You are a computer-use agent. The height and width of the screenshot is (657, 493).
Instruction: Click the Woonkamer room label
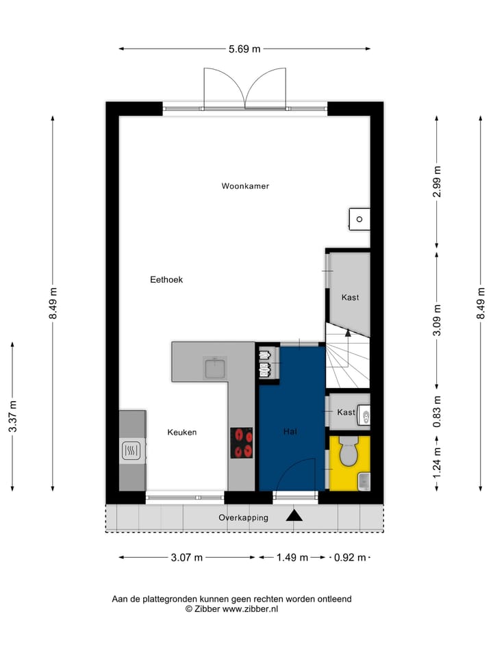(x=245, y=186)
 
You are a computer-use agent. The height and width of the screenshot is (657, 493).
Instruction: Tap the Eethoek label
(x=166, y=280)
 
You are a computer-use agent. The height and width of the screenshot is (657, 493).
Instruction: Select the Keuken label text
(x=182, y=433)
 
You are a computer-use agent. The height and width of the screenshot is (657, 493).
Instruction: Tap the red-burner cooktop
(x=241, y=443)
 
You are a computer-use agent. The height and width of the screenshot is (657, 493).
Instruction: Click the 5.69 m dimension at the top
(x=244, y=49)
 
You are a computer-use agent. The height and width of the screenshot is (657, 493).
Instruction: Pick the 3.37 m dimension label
(x=12, y=417)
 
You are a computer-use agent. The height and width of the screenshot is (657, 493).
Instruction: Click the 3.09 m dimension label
(x=437, y=318)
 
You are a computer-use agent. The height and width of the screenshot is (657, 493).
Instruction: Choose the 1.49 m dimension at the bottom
(x=292, y=558)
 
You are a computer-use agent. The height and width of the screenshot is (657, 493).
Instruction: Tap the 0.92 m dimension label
(x=349, y=558)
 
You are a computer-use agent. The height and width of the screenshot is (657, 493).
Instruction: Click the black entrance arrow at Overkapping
(x=294, y=515)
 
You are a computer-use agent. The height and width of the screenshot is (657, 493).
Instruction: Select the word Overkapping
(x=243, y=518)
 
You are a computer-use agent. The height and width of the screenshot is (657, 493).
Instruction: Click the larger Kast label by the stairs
(x=350, y=298)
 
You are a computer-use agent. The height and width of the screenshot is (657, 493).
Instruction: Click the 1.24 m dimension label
(x=437, y=462)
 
